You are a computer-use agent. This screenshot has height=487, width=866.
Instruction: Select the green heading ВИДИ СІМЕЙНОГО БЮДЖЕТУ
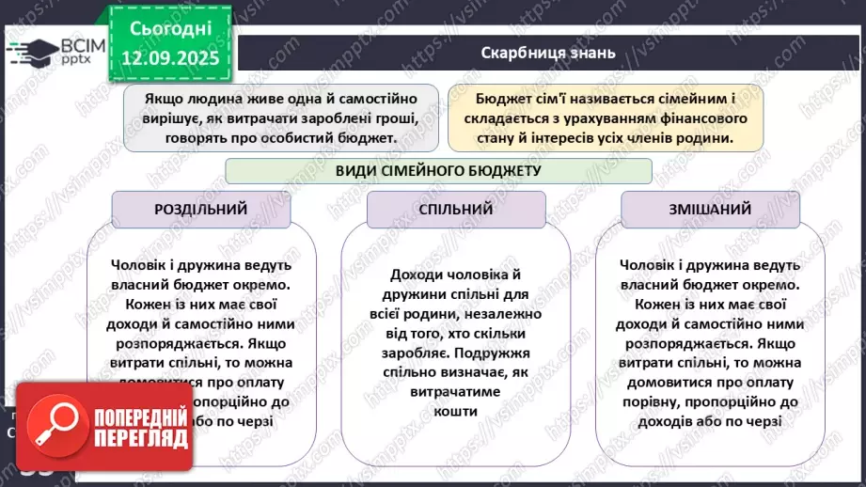[437, 170]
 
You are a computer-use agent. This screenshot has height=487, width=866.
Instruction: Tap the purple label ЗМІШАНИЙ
[710, 210]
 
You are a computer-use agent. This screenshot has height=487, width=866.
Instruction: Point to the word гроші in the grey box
[394, 118]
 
